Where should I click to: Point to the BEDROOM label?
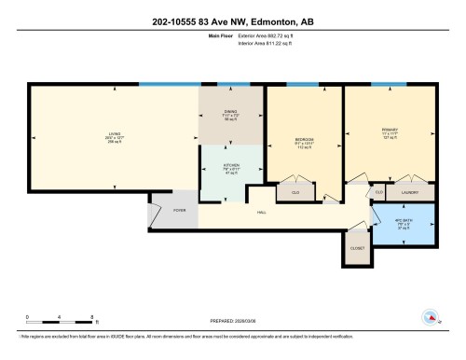click(x=305, y=139)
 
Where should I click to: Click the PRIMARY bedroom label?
click(x=390, y=130)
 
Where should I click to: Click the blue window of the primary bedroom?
click(x=389, y=85)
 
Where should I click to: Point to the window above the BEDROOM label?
click(x=301, y=85)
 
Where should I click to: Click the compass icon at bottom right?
click(x=431, y=316)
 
